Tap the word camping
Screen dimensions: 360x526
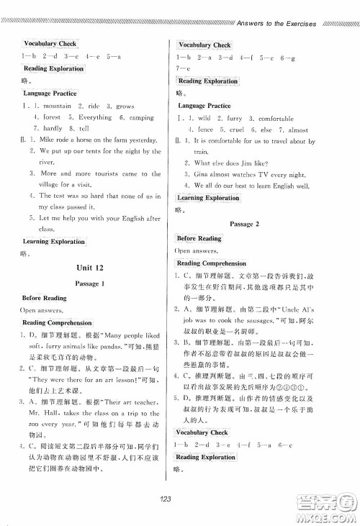tap(141, 117)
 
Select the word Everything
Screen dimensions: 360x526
tap(95, 117)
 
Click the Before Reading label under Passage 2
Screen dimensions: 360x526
tap(199, 238)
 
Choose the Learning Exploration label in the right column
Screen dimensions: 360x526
tap(209, 197)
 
